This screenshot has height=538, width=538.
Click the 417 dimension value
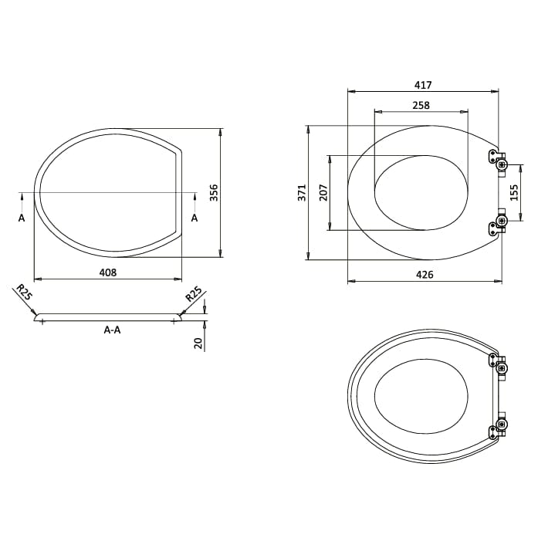(422, 85)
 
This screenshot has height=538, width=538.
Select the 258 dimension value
(421, 105)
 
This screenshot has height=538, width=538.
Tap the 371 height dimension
(302, 193)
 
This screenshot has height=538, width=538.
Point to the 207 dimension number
(323, 193)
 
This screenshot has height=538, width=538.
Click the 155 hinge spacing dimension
(513, 193)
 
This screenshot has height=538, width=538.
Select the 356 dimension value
(215, 193)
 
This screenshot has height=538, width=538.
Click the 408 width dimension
(107, 272)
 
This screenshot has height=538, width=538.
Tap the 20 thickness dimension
(198, 342)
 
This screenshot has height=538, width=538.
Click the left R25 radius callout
(24, 293)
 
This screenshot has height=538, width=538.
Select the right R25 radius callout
(193, 293)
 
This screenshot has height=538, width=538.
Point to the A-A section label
(112, 330)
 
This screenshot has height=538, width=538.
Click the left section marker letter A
(22, 218)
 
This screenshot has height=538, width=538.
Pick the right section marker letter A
(194, 218)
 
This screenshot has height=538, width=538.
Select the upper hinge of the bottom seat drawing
(498, 363)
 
